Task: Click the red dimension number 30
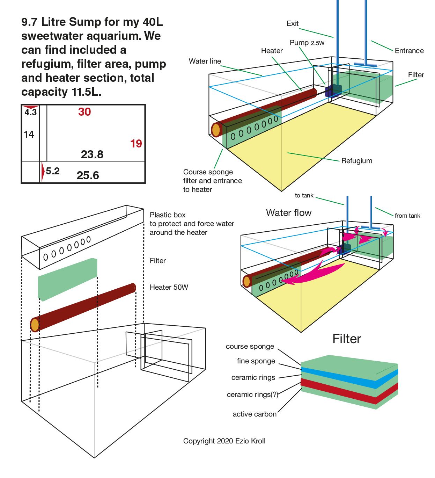pos(84,112)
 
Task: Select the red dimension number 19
pos(136,144)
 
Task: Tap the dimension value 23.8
pos(92,154)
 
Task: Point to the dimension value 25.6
pos(88,175)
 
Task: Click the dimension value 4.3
pos(31,113)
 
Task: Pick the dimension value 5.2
pos(53,171)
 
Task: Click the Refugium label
pos(356,161)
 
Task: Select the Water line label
pos(205,61)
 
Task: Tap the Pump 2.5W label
pos(307,43)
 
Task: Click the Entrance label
pos(409,51)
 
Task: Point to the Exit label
pos(293,23)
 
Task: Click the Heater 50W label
pos(169,287)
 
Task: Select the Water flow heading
pos(289,213)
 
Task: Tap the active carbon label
pos(255,414)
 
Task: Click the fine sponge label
pos(256,361)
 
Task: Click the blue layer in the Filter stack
pos(349,378)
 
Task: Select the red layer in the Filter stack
pos(349,392)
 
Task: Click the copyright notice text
pos(224,441)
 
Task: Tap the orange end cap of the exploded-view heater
pos(35,325)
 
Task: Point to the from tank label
pos(407,216)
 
